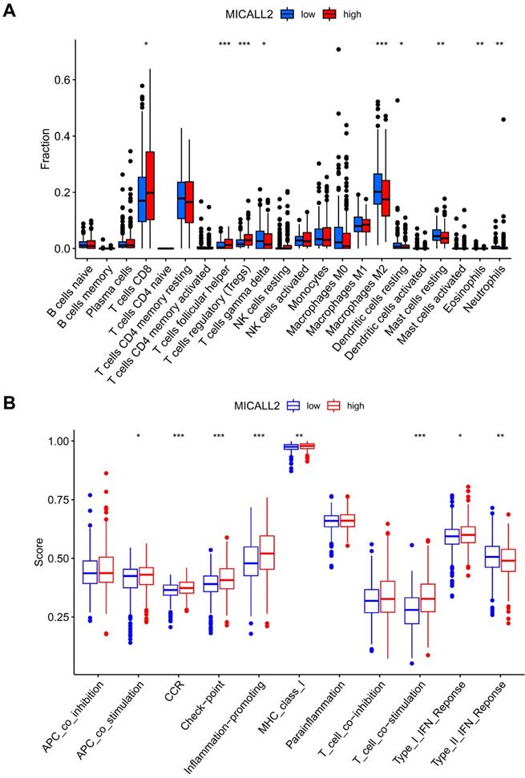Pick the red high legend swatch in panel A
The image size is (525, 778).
click(329, 14)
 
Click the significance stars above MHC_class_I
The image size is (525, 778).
click(299, 436)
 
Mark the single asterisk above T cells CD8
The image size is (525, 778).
click(146, 44)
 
